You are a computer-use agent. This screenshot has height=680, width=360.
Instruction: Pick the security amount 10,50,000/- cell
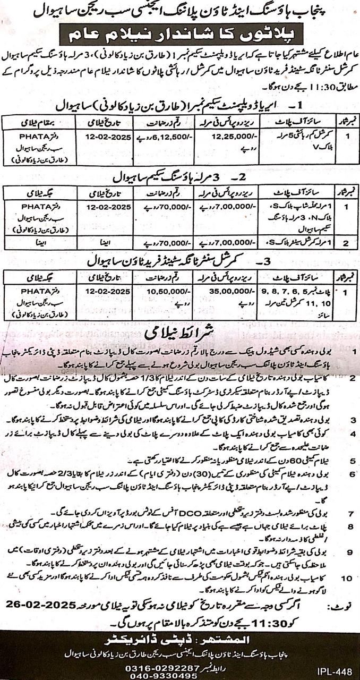click(166, 291)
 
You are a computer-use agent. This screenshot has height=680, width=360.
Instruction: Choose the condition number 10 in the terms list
click(346, 578)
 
